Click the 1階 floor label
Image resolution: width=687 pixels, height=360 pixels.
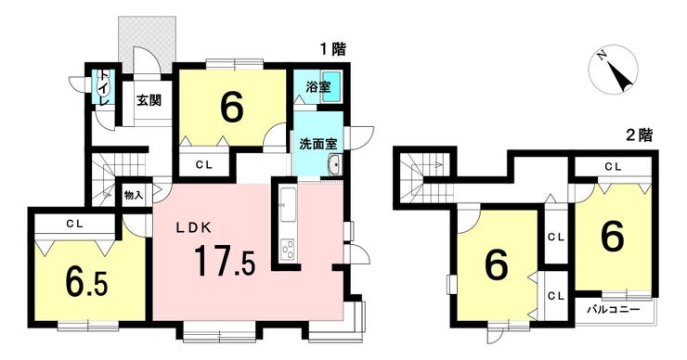(x=333, y=49)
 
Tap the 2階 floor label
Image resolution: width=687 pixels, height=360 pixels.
(x=640, y=135)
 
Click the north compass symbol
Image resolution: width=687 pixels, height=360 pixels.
(x=614, y=70)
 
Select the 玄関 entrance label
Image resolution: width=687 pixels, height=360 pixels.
(x=149, y=100)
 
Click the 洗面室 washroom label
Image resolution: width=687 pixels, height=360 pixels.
(x=318, y=144)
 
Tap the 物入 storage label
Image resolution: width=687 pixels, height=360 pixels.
(x=134, y=196)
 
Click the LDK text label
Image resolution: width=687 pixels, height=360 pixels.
(x=194, y=227)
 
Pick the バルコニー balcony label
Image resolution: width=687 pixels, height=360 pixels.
(x=614, y=310)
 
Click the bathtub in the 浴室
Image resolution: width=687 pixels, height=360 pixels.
(x=331, y=86)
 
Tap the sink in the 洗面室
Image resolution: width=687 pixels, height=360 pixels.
(x=335, y=164)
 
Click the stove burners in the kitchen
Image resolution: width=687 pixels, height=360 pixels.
(x=288, y=251)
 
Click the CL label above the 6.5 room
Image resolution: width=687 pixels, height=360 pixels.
(x=75, y=224)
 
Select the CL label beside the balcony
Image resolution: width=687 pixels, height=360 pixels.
(x=556, y=297)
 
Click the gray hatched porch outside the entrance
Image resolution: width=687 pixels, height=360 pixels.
(x=148, y=44)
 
